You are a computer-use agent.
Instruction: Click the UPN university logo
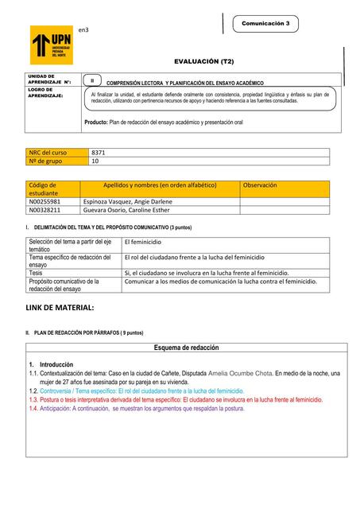point(51,45)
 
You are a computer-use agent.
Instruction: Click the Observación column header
point(260,185)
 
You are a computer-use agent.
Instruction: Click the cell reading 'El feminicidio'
point(143,240)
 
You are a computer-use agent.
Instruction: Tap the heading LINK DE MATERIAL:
point(60,306)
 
